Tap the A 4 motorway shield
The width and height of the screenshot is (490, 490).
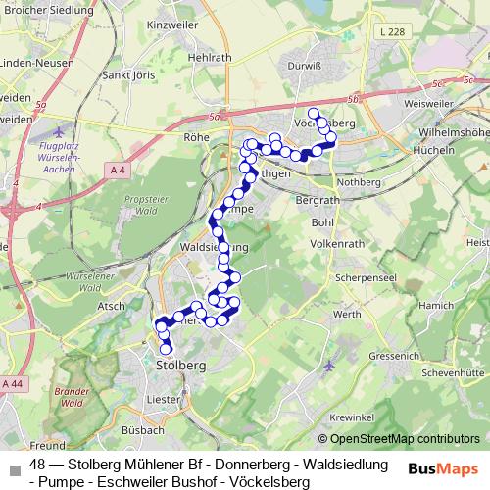pos(118,171)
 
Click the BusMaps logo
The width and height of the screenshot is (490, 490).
pos(443,468)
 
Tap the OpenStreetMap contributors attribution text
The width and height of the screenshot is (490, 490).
pos(404,438)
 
